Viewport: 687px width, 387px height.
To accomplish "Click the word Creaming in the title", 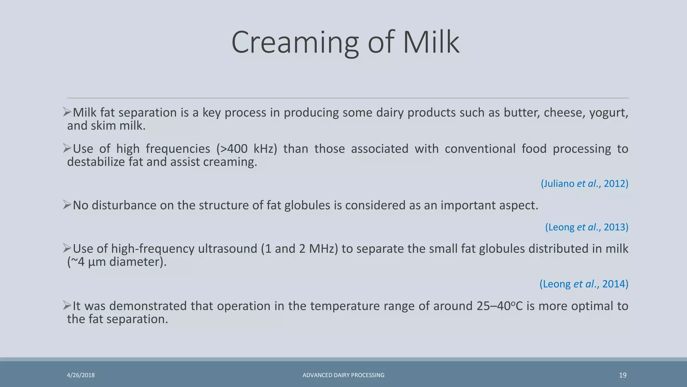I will point(295,42).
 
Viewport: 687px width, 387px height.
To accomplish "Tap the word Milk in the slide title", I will point(431,42).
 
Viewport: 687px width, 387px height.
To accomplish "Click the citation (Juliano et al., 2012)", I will point(584,183).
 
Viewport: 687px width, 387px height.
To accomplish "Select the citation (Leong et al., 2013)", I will point(586,227).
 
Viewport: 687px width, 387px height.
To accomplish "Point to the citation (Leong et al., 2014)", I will point(584,284).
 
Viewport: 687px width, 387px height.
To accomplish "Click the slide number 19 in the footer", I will point(623,375).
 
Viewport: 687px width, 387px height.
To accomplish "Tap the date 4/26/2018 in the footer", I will point(81,375).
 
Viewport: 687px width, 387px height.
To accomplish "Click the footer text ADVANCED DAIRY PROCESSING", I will point(343,375).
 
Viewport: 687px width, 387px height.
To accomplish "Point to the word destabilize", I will point(96,162).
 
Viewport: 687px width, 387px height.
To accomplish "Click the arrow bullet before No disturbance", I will point(67,205).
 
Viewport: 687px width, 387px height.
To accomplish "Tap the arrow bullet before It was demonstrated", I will point(67,305).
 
